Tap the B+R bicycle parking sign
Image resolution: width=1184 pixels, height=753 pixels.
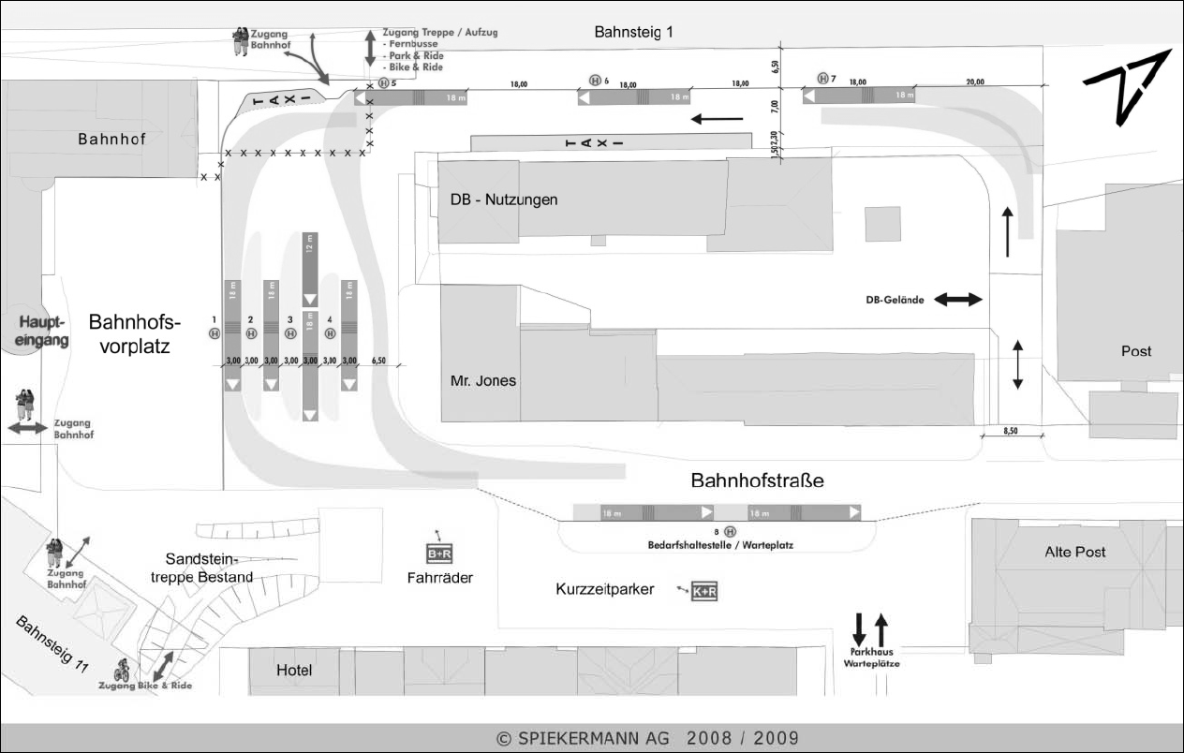click(x=439, y=553)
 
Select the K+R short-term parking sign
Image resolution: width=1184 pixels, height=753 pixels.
click(x=704, y=592)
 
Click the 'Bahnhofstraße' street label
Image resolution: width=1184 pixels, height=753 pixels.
click(x=757, y=481)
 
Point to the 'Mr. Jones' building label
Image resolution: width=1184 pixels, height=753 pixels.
click(x=483, y=381)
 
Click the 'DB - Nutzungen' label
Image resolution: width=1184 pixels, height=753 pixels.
click(x=504, y=199)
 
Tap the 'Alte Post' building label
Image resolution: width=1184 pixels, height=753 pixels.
click(x=1074, y=552)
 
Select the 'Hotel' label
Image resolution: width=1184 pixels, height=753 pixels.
click(x=294, y=671)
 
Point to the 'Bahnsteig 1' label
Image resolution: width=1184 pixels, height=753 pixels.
click(x=633, y=33)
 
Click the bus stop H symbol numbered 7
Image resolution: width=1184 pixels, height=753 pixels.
click(x=823, y=79)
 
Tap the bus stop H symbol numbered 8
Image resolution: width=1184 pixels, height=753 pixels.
click(x=731, y=531)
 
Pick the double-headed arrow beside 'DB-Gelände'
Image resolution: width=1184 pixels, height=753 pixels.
click(x=957, y=300)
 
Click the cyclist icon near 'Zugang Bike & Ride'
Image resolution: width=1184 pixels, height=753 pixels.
click(x=122, y=671)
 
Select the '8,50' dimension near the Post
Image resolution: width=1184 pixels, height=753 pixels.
click(x=1011, y=430)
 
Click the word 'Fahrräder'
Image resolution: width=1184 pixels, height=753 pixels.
click(x=439, y=579)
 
